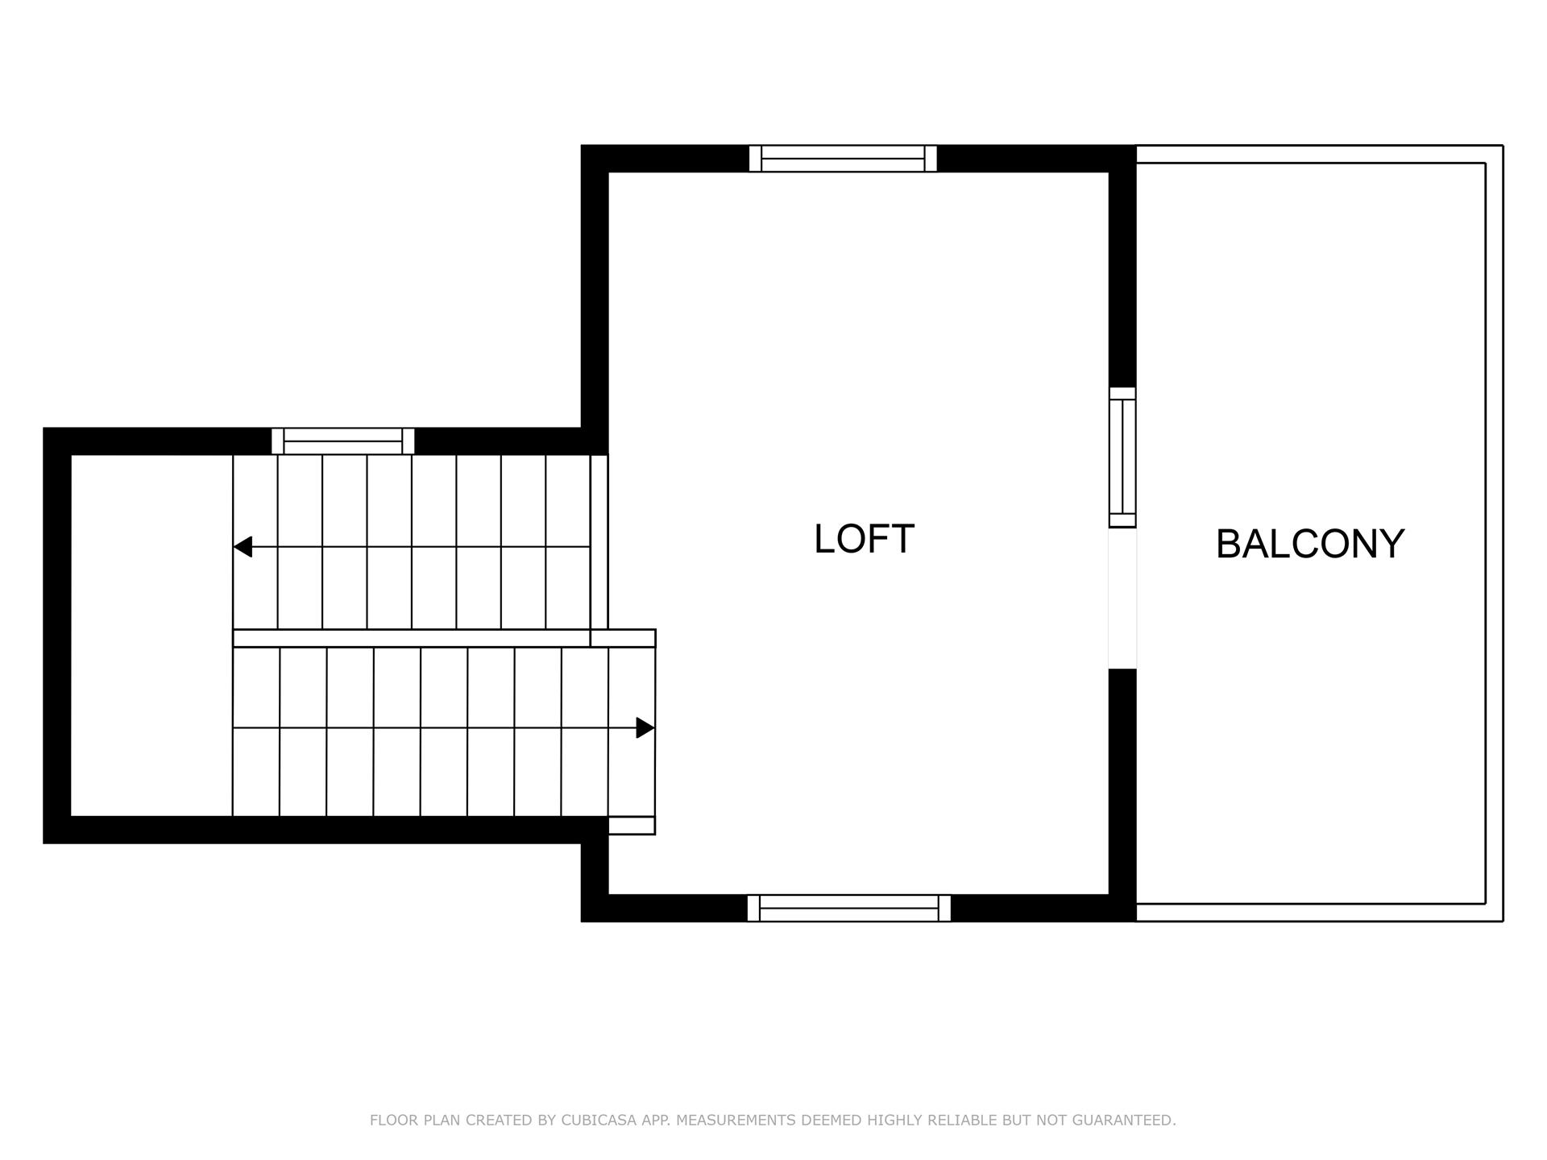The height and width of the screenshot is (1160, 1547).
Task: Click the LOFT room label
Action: tap(864, 539)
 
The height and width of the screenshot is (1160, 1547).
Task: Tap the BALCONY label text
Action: tap(1309, 544)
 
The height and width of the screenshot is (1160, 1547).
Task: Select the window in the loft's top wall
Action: tap(843, 159)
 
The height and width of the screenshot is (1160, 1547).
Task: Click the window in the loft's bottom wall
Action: tap(848, 908)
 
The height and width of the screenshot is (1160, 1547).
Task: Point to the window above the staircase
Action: tap(343, 441)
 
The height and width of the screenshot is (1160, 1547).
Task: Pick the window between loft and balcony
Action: tap(1122, 457)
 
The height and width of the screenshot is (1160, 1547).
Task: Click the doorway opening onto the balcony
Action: tap(1122, 599)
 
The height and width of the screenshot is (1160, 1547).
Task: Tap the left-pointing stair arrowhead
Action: tap(243, 547)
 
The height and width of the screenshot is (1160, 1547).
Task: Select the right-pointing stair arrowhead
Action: tap(645, 727)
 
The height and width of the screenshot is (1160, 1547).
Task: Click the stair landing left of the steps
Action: tap(151, 636)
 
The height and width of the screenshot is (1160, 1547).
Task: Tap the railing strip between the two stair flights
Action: tap(412, 638)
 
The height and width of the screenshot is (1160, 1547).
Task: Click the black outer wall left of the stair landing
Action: tap(57, 636)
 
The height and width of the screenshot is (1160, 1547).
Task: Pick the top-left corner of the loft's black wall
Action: tap(595, 159)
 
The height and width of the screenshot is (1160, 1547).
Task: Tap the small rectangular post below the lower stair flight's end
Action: tap(631, 825)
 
